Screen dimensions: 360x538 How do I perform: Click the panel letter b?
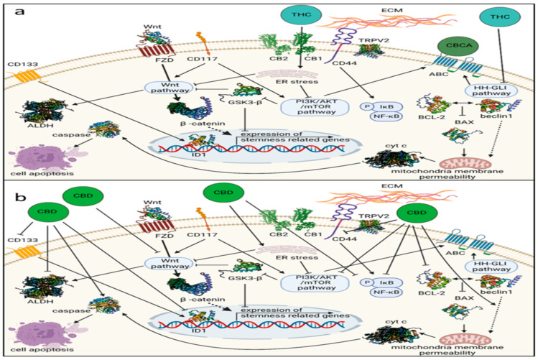pos(12,195)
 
